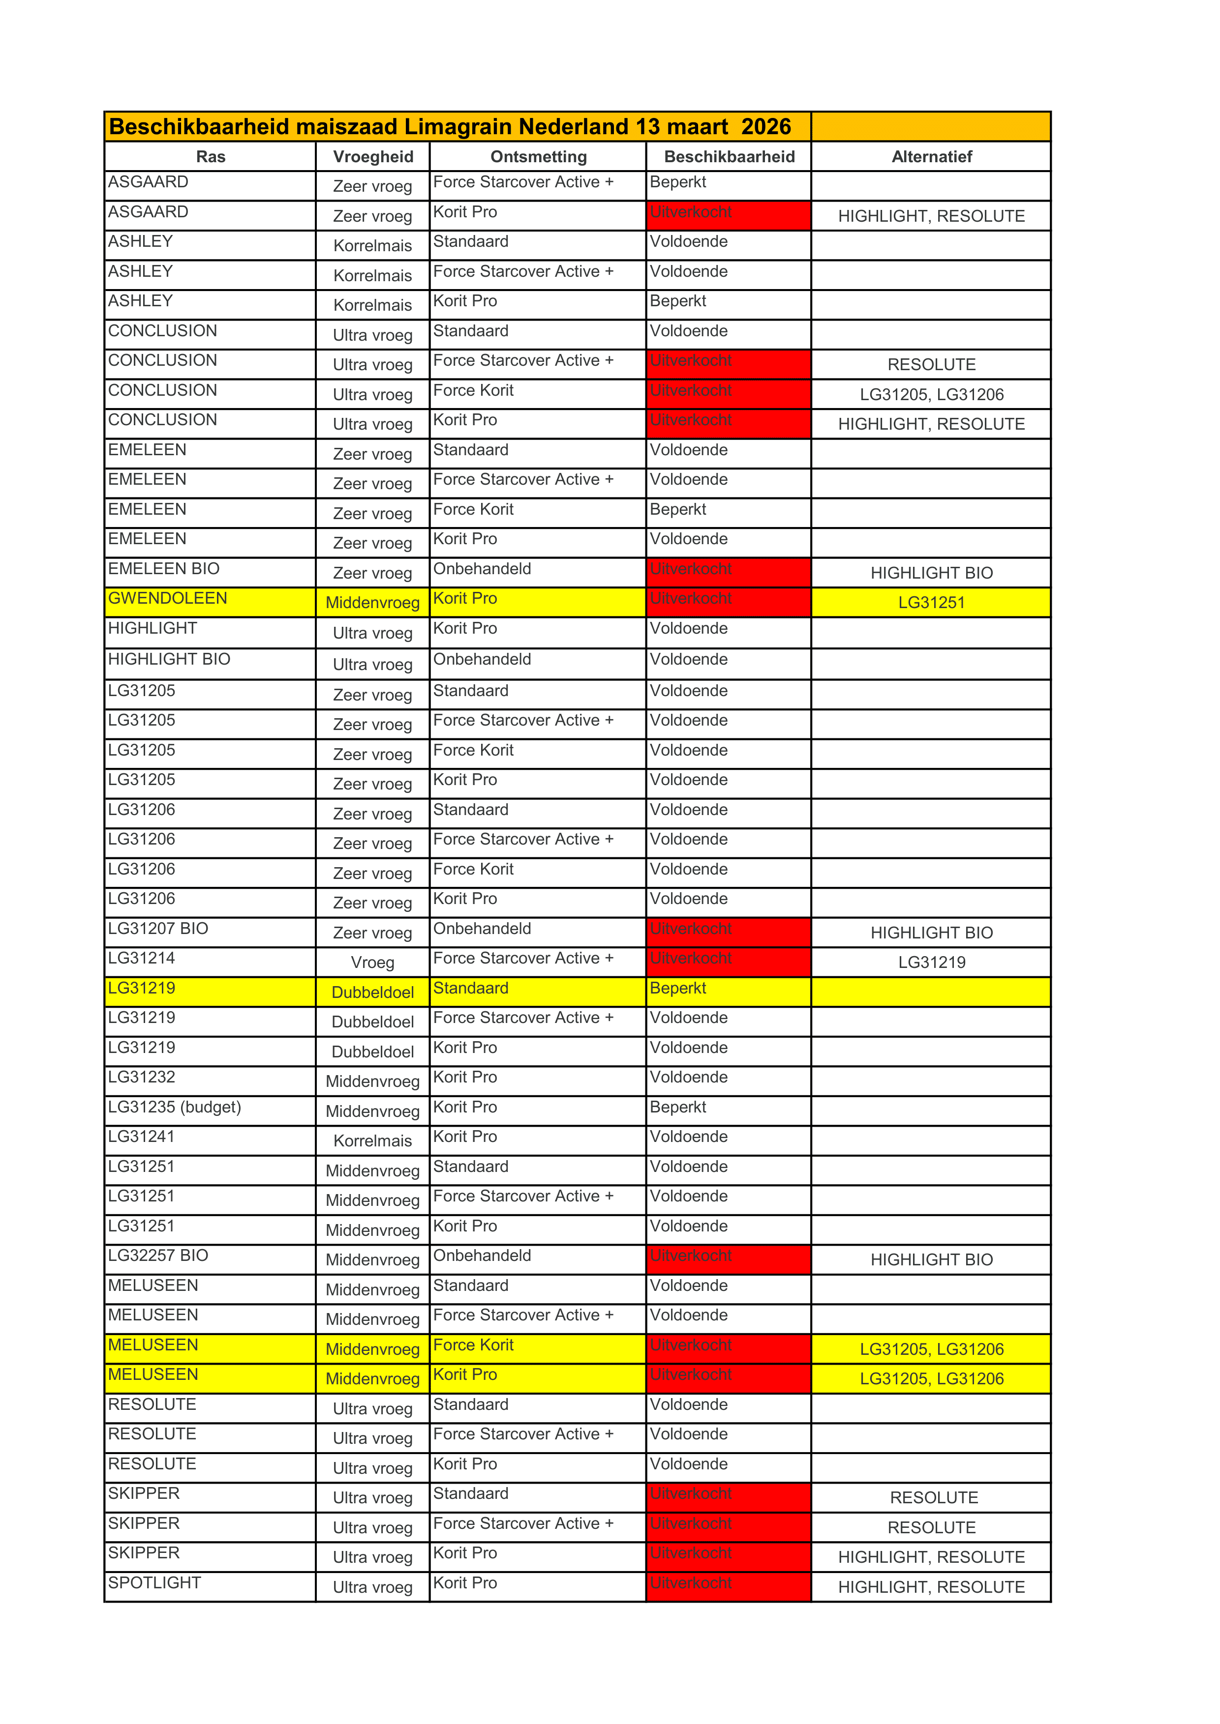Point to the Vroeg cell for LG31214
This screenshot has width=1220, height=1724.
point(372,963)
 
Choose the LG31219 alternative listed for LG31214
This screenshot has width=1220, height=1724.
point(932,963)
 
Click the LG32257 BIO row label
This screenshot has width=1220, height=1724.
point(158,1256)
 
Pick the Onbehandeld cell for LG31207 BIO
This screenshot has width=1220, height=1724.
point(482,929)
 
